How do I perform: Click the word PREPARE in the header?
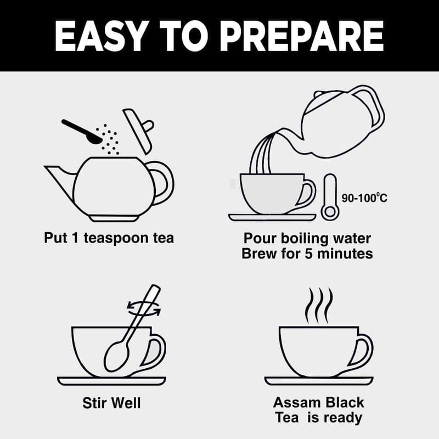[303, 36]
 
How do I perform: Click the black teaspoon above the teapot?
[82, 131]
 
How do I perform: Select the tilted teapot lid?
[139, 131]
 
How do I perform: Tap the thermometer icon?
[330, 197]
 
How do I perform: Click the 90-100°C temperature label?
[364, 198]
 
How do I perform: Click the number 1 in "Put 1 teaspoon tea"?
[75, 238]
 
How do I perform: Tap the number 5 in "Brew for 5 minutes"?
[308, 254]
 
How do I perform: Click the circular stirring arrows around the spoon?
[144, 308]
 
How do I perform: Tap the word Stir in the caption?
[94, 403]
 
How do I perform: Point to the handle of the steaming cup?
[363, 350]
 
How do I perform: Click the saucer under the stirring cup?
[111, 381]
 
